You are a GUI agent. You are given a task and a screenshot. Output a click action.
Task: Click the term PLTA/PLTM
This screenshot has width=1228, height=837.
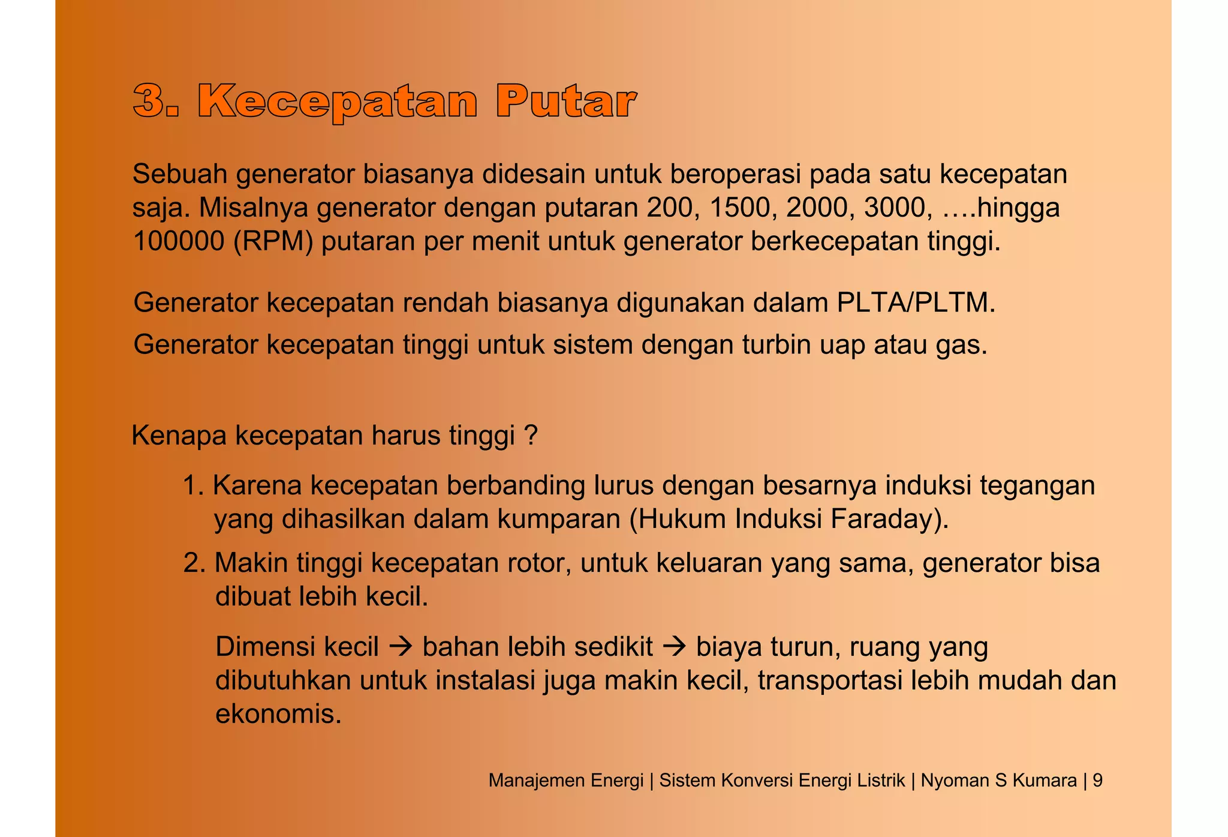915,302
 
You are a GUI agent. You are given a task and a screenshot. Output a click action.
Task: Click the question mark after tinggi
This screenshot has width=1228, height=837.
530,436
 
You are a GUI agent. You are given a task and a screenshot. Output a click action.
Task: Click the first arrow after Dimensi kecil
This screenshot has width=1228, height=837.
400,647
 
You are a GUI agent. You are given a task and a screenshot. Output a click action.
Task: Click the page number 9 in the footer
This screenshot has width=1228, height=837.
1097,780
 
